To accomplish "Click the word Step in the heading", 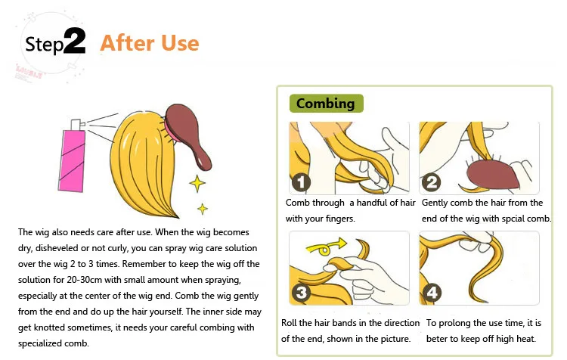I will point(44,44).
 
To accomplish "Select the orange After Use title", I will point(150,42).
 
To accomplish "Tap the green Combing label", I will point(325,104).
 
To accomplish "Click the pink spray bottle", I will point(76,160).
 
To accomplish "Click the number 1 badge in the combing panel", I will point(301,183).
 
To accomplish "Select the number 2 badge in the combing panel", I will point(432,182).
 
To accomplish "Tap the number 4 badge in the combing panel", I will point(432,293).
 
